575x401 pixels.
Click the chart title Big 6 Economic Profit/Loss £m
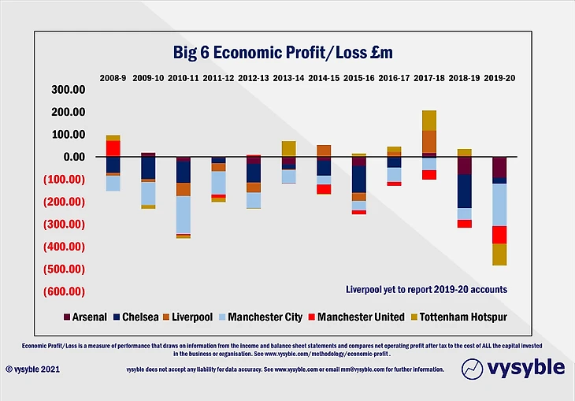point(283,53)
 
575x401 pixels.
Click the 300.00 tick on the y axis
point(68,89)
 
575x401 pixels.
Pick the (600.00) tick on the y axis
point(65,291)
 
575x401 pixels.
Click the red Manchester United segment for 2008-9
point(113,148)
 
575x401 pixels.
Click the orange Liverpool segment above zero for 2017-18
point(428,141)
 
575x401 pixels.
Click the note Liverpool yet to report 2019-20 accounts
point(426,289)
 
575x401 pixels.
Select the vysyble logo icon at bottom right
point(472,367)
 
